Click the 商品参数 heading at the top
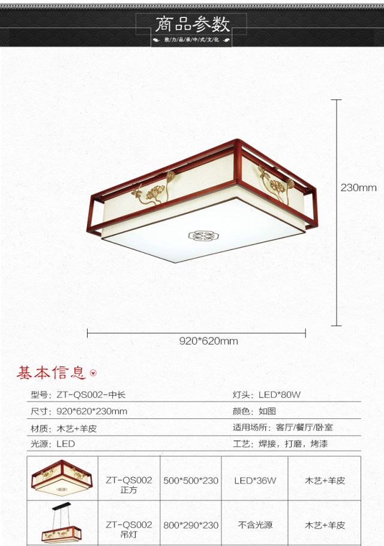pos(192,25)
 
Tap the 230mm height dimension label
pos(358,188)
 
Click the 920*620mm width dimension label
pos(208,341)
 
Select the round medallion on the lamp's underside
pos(202,235)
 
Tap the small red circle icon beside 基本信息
pos(93,374)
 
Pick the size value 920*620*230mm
pos(92,411)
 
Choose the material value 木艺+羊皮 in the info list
pos(77,428)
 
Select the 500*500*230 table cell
pos(191,480)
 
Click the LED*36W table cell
pos(255,480)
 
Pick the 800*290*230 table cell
pos(191,525)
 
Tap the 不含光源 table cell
pos(255,525)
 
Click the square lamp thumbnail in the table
pos(63,478)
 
